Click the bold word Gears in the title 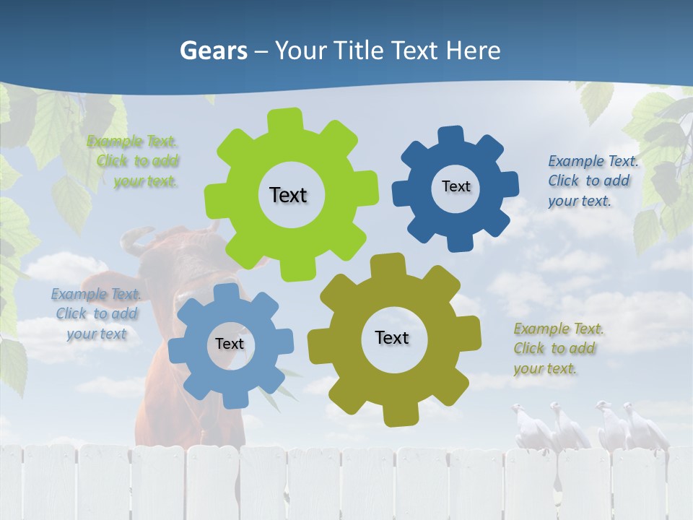213,51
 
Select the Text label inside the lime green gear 288,195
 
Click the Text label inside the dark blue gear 456,186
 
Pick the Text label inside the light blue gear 230,344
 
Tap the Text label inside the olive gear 392,337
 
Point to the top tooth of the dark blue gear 450,135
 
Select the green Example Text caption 134,161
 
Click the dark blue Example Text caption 591,181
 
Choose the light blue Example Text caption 95,313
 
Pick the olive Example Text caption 556,348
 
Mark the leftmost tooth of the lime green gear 214,198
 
